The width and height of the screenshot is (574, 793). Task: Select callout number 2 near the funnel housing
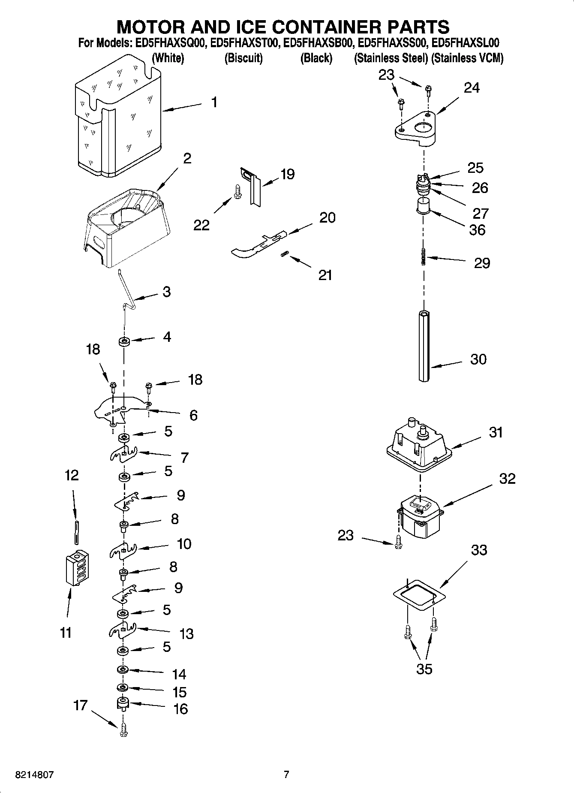click(x=187, y=158)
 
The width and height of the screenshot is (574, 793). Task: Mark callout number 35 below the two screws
click(x=424, y=669)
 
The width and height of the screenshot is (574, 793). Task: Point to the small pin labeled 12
click(x=76, y=532)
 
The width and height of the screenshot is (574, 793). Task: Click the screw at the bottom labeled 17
click(x=123, y=730)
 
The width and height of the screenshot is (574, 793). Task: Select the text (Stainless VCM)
click(x=467, y=58)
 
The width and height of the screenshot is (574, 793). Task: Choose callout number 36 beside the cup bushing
click(x=477, y=230)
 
